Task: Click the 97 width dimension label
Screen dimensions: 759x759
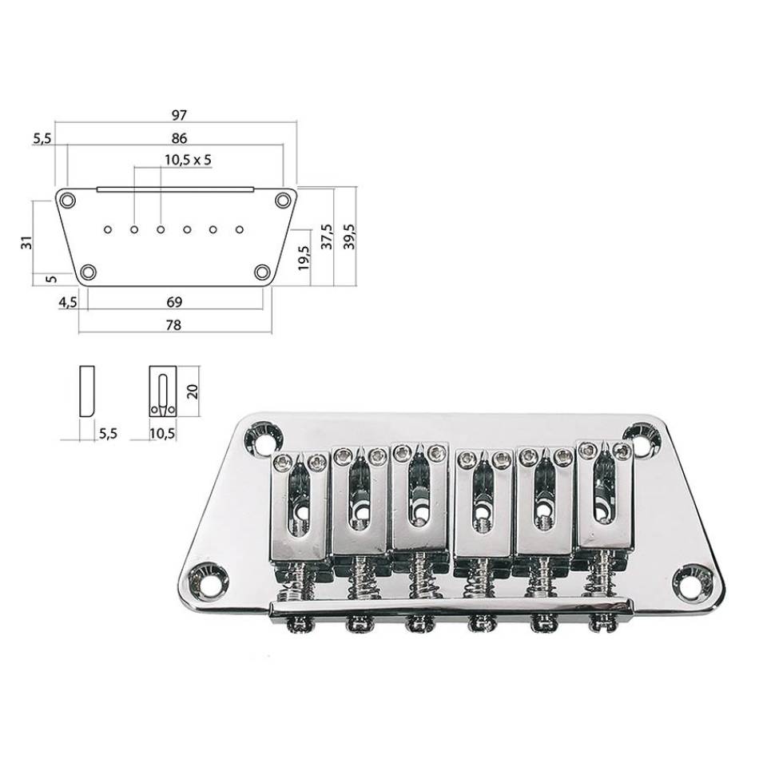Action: [179, 115]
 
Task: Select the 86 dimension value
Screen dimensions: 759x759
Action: [179, 138]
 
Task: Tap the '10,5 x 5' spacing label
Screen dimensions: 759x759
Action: [188, 160]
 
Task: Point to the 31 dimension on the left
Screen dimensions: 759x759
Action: [29, 242]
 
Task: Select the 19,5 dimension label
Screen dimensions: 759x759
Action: [304, 257]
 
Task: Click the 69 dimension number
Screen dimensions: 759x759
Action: [174, 302]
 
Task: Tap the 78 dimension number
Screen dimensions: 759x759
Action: [173, 325]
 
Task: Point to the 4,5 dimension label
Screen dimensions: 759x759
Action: [68, 303]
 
